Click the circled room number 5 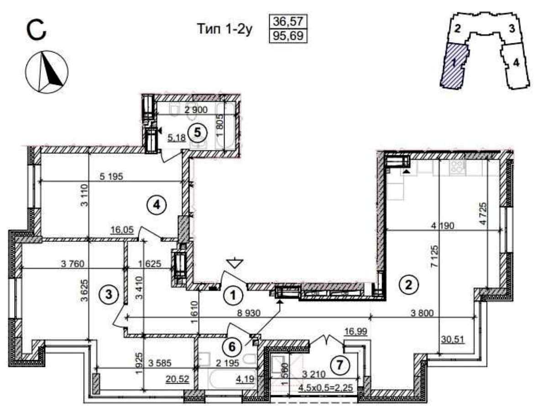(x=198, y=132)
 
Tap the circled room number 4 (x=156, y=205)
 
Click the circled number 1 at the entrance (x=233, y=295)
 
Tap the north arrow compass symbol (x=47, y=72)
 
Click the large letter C (x=36, y=31)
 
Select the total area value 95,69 (x=288, y=36)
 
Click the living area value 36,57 (x=288, y=21)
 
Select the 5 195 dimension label (x=110, y=177)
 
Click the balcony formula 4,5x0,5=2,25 (x=325, y=388)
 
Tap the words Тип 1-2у (x=225, y=29)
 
